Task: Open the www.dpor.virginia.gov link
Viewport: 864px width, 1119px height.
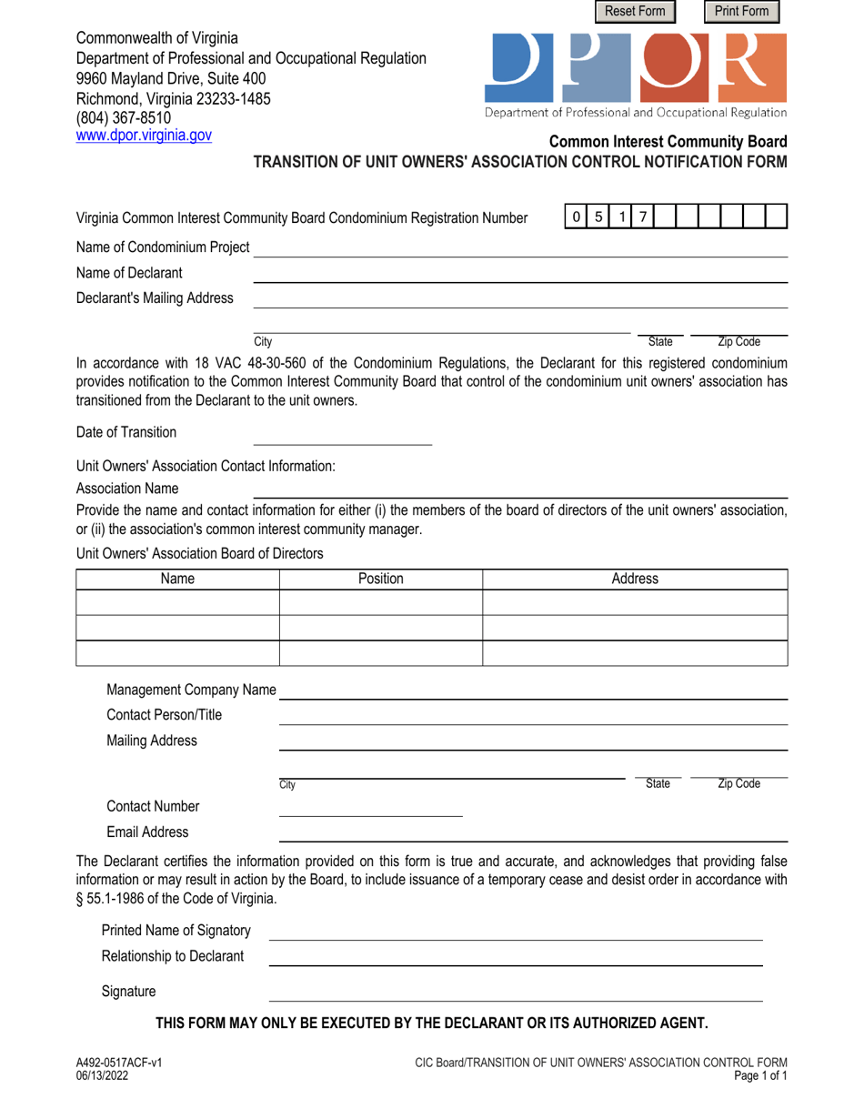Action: coord(144,135)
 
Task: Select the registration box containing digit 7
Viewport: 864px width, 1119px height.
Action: coord(643,217)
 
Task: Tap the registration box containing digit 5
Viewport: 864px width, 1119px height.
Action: coord(598,217)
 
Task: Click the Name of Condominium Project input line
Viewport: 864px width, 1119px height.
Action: coord(519,248)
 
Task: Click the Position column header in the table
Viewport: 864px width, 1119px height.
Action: coord(380,579)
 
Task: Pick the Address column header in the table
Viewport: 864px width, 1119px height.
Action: coord(634,579)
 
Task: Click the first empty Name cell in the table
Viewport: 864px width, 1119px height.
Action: coord(177,603)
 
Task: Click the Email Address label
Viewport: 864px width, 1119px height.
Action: coord(148,832)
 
